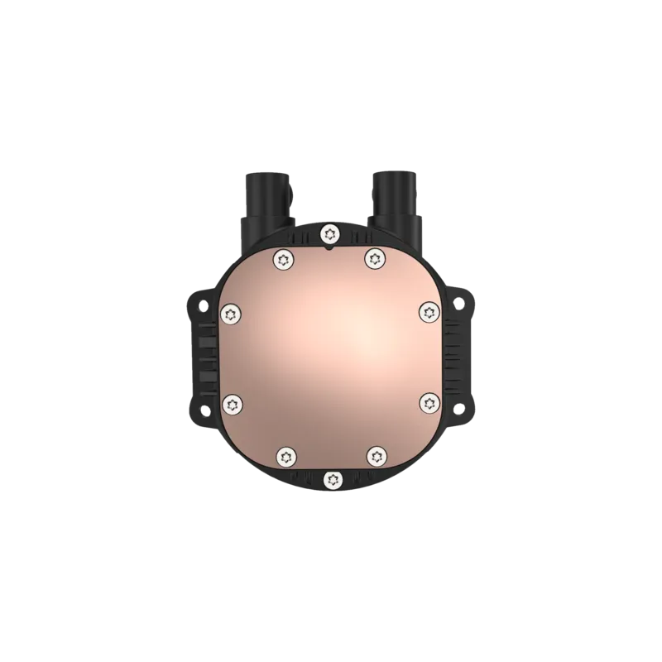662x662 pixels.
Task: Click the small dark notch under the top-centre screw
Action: [x=330, y=245]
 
